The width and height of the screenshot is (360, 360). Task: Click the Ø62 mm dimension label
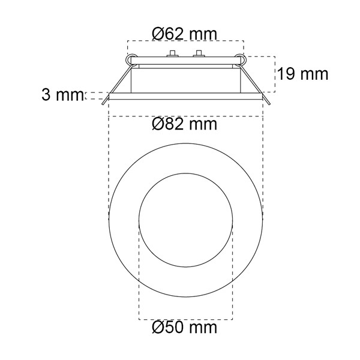coord(184,34)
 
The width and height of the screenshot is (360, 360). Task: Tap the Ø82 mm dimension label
coord(184,124)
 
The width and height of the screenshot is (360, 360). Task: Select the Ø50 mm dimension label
coord(184,327)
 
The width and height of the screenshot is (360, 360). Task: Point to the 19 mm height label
coord(303,74)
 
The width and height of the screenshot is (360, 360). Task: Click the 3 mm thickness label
coord(62,95)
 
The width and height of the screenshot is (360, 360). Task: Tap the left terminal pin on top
coord(172,53)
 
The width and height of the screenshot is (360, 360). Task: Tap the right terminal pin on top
coord(199,53)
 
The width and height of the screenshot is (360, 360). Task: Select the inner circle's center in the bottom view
coord(186,220)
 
